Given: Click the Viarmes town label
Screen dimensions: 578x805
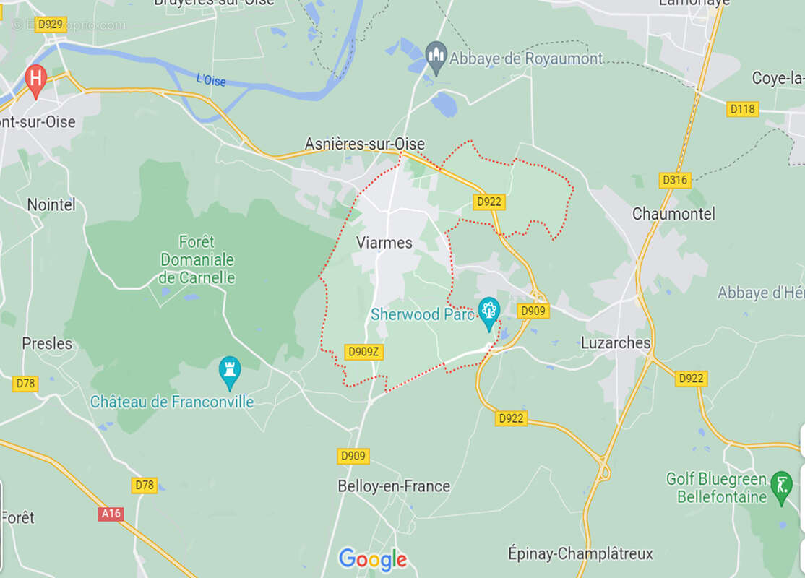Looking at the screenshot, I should [384, 243].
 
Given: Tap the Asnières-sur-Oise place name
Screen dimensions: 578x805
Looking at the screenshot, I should [364, 144].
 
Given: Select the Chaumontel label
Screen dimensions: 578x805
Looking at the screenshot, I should [673, 214].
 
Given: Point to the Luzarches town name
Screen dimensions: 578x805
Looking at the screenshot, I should [616, 343].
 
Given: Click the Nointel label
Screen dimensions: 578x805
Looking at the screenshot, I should [51, 204].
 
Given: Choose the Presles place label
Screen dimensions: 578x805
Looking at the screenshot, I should [47, 343].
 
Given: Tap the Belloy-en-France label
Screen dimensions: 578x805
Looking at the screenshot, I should [394, 486].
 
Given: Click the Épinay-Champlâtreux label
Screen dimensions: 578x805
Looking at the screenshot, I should [580, 554].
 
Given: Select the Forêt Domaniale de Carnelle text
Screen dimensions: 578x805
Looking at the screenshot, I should [197, 259].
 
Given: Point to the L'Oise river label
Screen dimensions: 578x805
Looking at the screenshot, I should [210, 79].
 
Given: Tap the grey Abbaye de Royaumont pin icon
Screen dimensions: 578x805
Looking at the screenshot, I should [435, 56].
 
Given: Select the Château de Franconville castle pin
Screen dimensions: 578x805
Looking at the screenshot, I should [230, 371].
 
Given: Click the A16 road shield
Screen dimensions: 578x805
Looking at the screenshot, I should [111, 514].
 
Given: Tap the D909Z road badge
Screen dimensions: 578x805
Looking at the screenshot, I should [363, 352].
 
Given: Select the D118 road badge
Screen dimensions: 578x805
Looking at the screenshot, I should [742, 109].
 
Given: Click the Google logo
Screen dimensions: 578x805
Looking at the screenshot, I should [372, 559].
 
